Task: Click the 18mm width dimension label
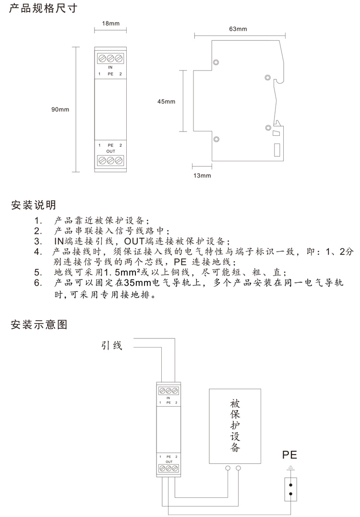tap(111, 24)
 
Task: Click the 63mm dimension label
tap(238, 29)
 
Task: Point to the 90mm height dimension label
tap(60, 109)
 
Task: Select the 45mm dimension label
tap(166, 102)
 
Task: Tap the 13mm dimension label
tap(202, 175)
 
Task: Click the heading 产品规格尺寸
tap(43, 8)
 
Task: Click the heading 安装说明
tap(33, 205)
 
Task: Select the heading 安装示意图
tap(39, 325)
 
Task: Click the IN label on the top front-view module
tap(110, 67)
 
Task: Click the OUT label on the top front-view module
tap(111, 151)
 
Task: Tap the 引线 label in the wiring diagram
tap(112, 346)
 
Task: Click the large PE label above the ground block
tap(289, 455)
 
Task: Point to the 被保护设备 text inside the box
tap(235, 425)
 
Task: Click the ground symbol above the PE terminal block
tap(290, 468)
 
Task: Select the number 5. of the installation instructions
tap(38, 272)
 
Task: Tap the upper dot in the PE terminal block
tap(291, 485)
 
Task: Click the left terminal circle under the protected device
tap(228, 468)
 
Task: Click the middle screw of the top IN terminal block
tap(110, 59)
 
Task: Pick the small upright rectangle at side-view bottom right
tap(277, 150)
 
